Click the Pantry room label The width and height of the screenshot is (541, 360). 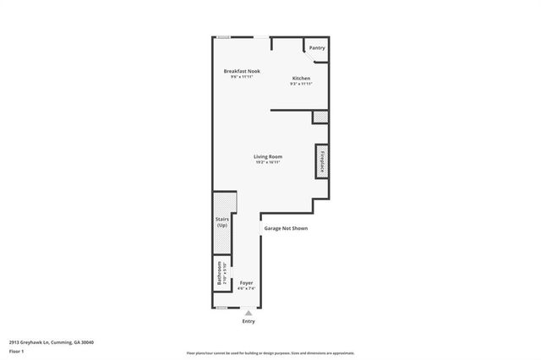point(317,48)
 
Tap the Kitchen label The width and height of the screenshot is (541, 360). point(301,78)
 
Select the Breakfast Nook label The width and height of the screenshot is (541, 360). point(242,70)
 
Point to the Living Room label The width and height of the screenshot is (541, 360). point(268,156)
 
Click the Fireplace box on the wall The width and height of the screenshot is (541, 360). point(322,162)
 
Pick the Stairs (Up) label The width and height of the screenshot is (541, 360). point(221,223)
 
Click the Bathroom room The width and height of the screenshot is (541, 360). point(218,277)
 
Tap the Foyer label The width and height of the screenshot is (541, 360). point(246,282)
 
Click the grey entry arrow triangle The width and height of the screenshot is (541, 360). point(249,312)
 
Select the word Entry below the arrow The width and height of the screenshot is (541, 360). point(249,321)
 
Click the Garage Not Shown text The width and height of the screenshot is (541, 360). point(285,228)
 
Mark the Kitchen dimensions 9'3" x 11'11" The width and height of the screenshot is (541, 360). point(301,84)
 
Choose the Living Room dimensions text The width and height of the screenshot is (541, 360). point(268,162)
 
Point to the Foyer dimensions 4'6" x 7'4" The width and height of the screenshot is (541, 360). point(246,288)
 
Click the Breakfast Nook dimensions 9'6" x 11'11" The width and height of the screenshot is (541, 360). point(242,76)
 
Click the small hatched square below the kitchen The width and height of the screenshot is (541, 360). point(320,117)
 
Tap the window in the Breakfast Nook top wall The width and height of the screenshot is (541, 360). point(223,37)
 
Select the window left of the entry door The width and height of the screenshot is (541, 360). point(221,308)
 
